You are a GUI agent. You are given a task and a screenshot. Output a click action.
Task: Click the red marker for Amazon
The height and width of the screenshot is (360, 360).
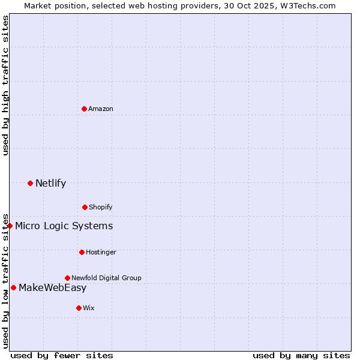pyautogui.click(x=84, y=109)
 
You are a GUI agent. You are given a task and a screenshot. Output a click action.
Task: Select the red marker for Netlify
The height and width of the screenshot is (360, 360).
pyautogui.click(x=30, y=183)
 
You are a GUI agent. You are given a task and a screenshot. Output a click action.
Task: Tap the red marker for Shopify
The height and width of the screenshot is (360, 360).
pyautogui.click(x=85, y=207)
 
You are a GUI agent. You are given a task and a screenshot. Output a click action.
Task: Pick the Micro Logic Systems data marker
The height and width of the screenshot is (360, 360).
pyautogui.click(x=10, y=226)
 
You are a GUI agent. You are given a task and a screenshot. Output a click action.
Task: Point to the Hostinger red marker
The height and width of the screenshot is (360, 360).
pyautogui.click(x=82, y=252)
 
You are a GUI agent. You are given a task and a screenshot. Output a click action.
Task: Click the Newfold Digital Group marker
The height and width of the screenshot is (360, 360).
pyautogui.click(x=67, y=278)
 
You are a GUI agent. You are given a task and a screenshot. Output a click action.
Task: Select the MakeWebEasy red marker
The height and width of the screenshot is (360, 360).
pyautogui.click(x=13, y=287)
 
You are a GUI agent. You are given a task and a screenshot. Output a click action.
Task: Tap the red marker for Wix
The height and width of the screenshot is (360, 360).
pyautogui.click(x=79, y=308)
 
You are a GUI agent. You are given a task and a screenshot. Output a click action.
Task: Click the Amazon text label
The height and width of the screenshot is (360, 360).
pyautogui.click(x=101, y=109)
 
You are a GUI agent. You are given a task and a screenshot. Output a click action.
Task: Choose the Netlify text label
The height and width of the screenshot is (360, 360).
pyautogui.click(x=50, y=183)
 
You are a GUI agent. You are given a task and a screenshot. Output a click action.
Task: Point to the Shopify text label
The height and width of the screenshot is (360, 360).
pyautogui.click(x=101, y=207)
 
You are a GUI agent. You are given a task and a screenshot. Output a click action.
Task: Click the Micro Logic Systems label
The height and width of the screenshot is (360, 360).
pyautogui.click(x=64, y=226)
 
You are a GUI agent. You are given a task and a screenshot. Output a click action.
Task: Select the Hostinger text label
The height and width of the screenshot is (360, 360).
pyautogui.click(x=101, y=252)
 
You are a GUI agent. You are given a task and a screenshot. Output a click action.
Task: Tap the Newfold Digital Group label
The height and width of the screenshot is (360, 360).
pyautogui.click(x=106, y=278)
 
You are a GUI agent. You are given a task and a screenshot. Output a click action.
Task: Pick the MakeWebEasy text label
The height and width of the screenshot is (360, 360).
pyautogui.click(x=52, y=287)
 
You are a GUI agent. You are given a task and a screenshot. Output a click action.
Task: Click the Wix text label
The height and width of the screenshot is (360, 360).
pyautogui.click(x=89, y=308)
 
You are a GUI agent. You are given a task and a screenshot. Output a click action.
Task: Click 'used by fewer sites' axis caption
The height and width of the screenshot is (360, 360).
pyautogui.click(x=62, y=355)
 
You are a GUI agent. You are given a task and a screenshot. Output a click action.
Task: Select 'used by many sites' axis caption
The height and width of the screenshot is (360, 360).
pyautogui.click(x=301, y=355)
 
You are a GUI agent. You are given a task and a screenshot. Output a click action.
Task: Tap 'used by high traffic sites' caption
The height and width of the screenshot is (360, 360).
pyautogui.click(x=5, y=85)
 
